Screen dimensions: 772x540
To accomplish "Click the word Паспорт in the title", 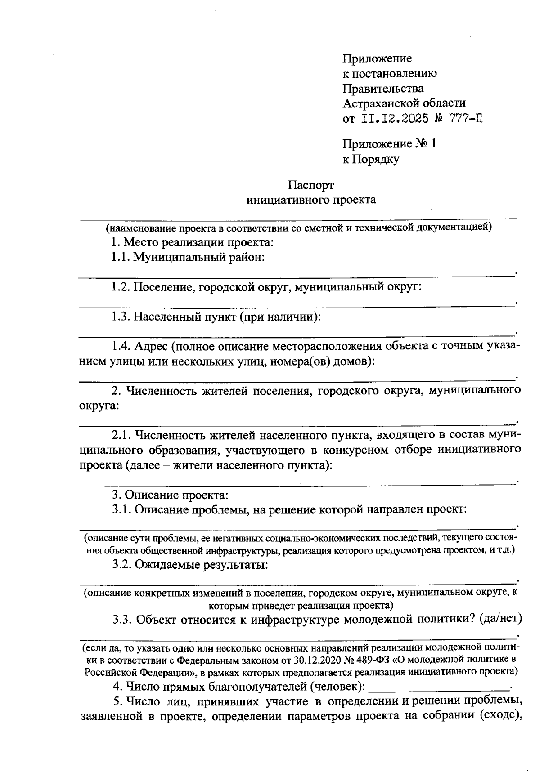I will [311, 185].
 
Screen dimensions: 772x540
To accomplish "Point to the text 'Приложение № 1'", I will [389, 144].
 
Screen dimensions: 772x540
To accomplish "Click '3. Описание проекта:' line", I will [170, 495].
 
